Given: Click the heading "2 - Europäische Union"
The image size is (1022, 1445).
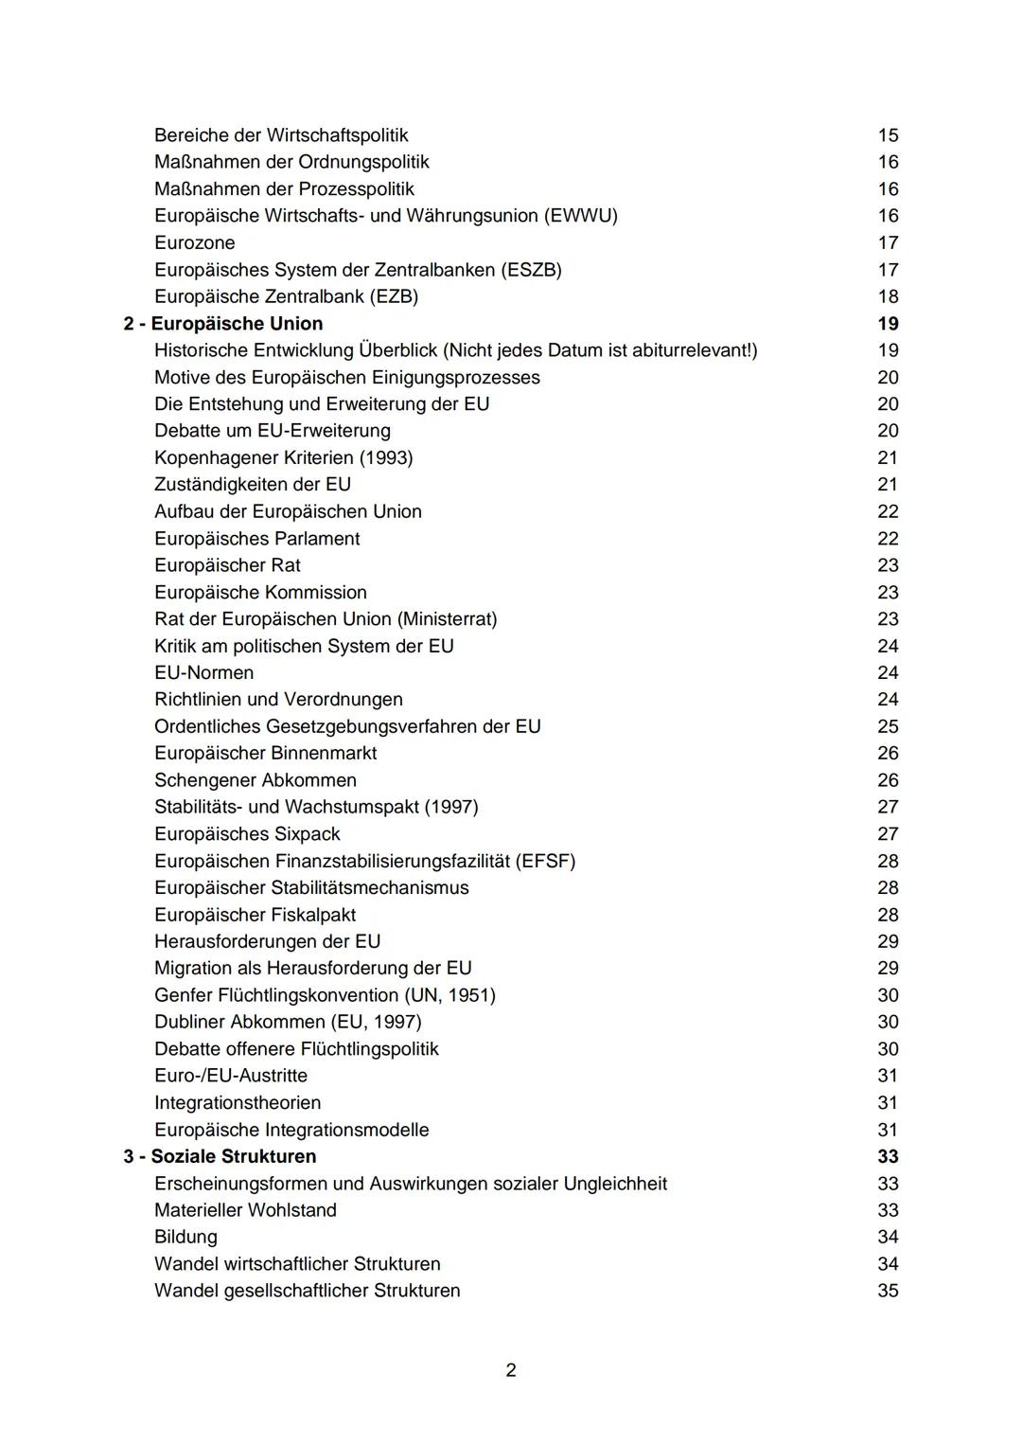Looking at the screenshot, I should click(x=223, y=324).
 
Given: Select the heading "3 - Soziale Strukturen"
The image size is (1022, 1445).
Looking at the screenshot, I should click(x=220, y=1156).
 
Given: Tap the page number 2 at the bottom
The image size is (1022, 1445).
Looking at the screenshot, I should click(x=511, y=1370).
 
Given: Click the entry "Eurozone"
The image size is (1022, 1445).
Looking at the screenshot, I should click(x=194, y=243).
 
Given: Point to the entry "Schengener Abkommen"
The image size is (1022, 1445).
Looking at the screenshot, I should click(x=255, y=780).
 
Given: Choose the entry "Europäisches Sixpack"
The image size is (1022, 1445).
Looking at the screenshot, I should click(x=247, y=834).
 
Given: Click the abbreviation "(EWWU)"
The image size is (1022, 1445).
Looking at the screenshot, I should click(x=580, y=216).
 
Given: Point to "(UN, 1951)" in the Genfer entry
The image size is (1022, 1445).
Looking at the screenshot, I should click(x=449, y=995).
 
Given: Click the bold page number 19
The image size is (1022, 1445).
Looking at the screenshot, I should click(x=887, y=324).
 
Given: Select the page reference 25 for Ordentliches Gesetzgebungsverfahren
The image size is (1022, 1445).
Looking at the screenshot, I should click(x=887, y=726).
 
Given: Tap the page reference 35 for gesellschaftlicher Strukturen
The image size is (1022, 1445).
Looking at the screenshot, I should click(x=887, y=1291).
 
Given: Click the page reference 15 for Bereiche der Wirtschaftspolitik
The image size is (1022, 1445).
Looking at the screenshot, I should click(x=887, y=135).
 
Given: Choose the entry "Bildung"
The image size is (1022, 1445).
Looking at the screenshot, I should click(x=185, y=1237).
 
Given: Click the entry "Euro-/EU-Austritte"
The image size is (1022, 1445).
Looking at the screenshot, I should click(x=231, y=1076).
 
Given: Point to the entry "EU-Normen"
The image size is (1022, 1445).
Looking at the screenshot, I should click(x=203, y=673).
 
